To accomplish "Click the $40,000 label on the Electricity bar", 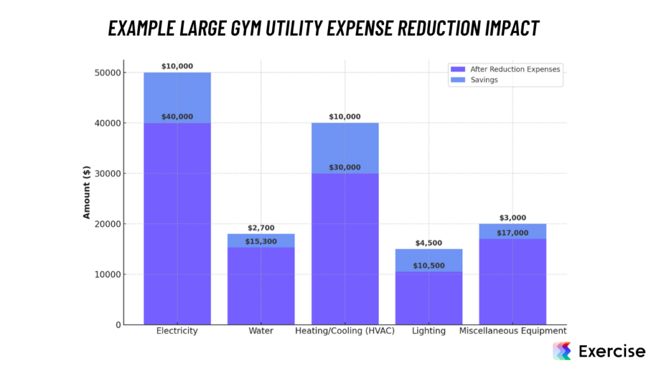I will pyautogui.click(x=177, y=117).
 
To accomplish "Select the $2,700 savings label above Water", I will pyautogui.click(x=261, y=228).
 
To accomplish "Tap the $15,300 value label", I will pyautogui.click(x=261, y=241).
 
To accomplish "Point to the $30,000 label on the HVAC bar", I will pyautogui.click(x=345, y=168).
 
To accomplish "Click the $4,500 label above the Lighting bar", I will pyautogui.click(x=428, y=243).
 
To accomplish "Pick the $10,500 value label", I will pyautogui.click(x=428, y=266).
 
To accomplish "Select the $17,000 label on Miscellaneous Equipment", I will pyautogui.click(x=512, y=233).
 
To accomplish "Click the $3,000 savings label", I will pyautogui.click(x=512, y=218).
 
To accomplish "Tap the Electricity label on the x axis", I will pyautogui.click(x=177, y=331).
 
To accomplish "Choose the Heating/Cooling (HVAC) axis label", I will pyautogui.click(x=345, y=331).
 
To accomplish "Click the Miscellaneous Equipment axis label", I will pyautogui.click(x=512, y=331).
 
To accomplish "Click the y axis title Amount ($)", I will pyautogui.click(x=86, y=193).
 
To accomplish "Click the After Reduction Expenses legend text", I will pyautogui.click(x=515, y=69).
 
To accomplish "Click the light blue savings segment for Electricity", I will pyautogui.click(x=177, y=95).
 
